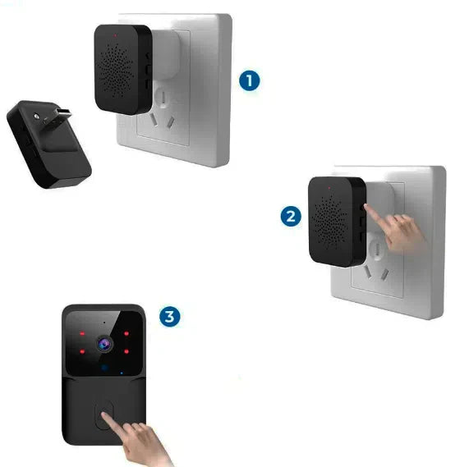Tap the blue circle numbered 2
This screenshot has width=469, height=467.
point(289,217)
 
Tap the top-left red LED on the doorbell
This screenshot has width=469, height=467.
point(82,334)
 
